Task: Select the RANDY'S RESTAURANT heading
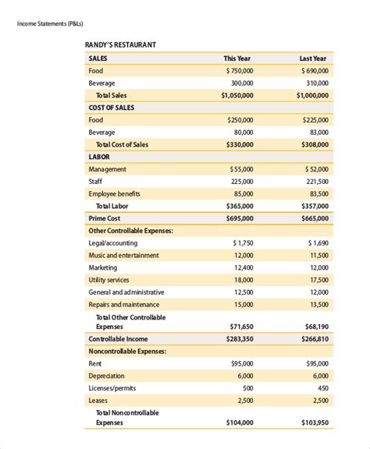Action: [120, 44]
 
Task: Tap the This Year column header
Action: [237, 58]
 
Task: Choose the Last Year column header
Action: [313, 58]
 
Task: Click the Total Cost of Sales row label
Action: [122, 144]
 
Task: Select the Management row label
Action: [108, 169]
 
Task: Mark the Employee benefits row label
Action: [115, 193]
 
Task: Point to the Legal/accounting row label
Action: [113, 243]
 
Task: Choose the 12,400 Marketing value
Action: [243, 267]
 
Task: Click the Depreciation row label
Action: [107, 376]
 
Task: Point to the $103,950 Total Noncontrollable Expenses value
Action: [315, 422]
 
